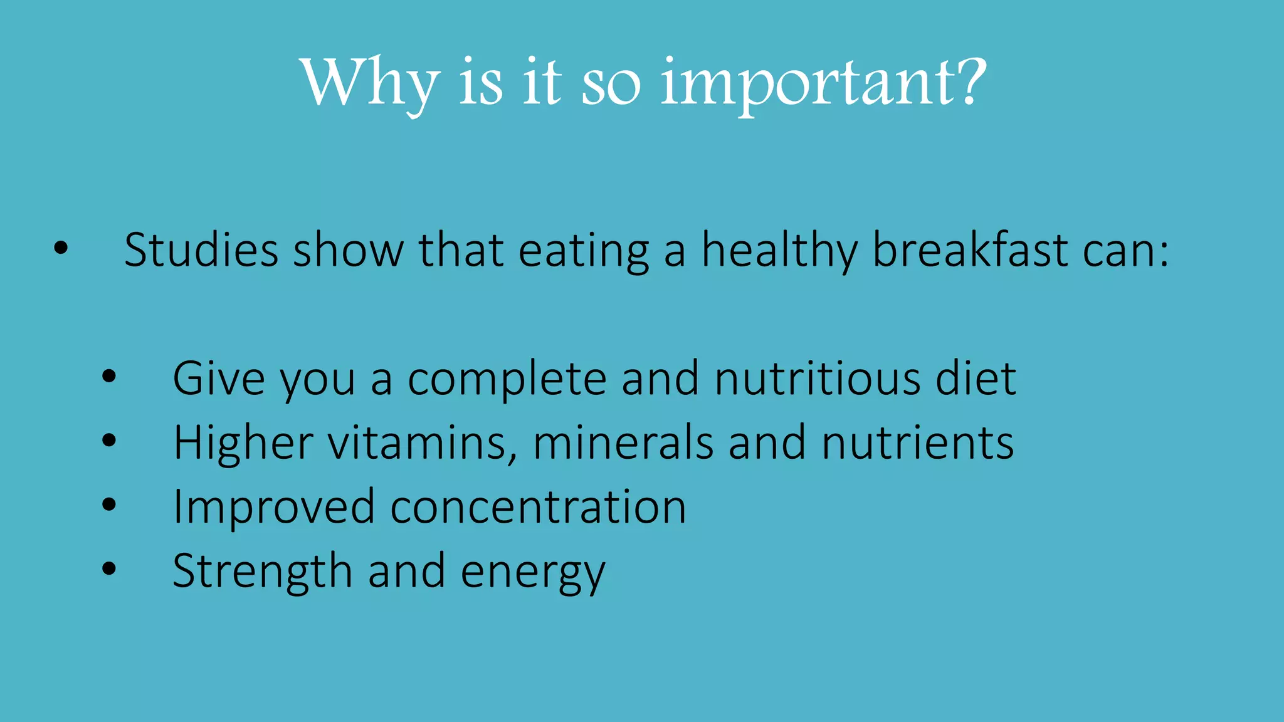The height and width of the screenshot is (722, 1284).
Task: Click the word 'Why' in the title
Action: tap(370, 83)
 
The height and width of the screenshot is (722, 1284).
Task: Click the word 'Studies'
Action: tap(201, 250)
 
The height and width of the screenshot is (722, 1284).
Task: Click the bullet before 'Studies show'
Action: tap(61, 249)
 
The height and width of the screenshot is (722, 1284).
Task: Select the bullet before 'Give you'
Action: tap(109, 377)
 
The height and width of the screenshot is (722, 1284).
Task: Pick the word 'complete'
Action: tap(507, 380)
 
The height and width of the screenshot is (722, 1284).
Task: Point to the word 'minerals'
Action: tap(623, 442)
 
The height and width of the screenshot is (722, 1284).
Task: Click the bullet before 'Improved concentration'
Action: tap(109, 505)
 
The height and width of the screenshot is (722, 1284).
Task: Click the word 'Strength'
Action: tap(262, 571)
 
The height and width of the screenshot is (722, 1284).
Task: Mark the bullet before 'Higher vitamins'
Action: tap(109, 441)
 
